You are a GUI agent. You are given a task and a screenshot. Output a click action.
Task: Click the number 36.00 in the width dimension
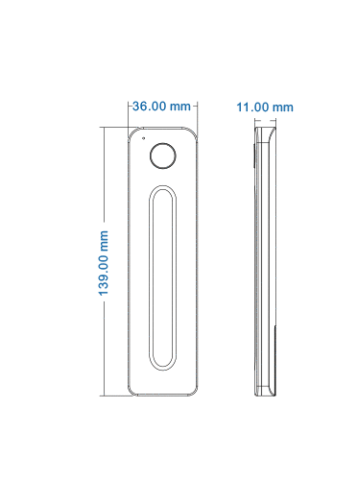pyautogui.click(x=149, y=106)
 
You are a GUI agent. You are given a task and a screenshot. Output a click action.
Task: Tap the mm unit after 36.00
pyautogui.click(x=181, y=106)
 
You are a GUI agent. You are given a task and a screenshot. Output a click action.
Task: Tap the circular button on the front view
pyautogui.click(x=163, y=155)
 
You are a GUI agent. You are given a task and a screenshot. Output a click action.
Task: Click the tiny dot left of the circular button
pyautogui.click(x=143, y=138)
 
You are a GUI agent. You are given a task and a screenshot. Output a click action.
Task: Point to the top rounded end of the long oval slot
pyautogui.click(x=163, y=188)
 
